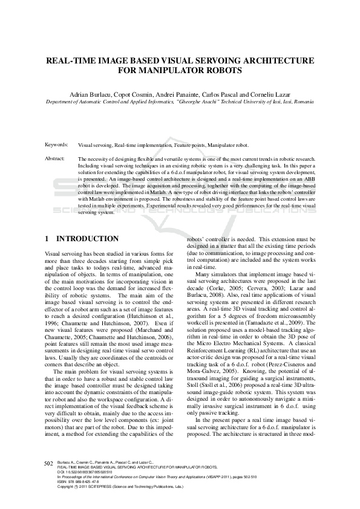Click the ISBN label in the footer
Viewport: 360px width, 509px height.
click(62, 481)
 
